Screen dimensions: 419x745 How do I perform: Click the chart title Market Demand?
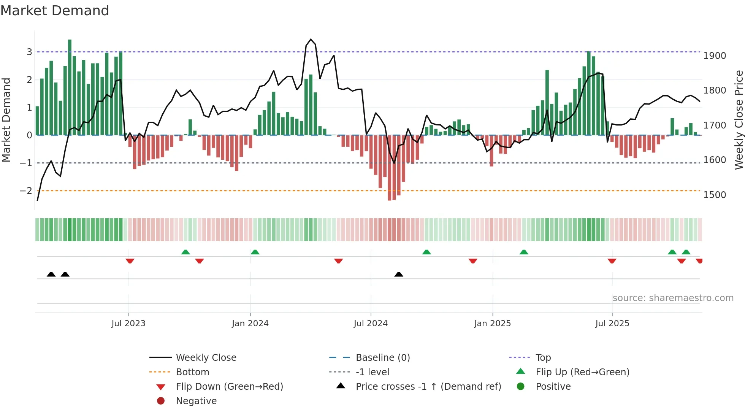(55, 11)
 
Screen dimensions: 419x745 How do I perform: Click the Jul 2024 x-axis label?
(371, 324)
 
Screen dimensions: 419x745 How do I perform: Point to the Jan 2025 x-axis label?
(493, 324)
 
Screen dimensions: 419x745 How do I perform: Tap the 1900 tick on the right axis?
(715, 56)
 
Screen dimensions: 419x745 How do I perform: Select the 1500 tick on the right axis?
(715, 195)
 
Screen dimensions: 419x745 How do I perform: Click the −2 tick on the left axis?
(26, 191)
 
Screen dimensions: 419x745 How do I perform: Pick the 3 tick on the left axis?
(29, 52)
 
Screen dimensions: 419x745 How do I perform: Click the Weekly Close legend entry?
(206, 358)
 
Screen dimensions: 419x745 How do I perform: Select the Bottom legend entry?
(192, 372)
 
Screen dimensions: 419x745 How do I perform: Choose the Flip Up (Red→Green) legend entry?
(582, 372)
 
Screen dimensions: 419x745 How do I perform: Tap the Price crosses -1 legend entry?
(428, 387)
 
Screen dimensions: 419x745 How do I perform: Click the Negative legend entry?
(196, 401)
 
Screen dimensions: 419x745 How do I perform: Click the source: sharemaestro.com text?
(673, 298)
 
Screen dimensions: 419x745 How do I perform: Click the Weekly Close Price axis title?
(739, 120)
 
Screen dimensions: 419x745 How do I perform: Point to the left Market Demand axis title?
(6, 120)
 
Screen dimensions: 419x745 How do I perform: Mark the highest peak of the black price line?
(311, 40)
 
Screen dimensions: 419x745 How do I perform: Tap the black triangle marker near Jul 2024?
(399, 275)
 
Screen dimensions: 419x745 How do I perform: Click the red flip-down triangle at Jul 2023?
(130, 261)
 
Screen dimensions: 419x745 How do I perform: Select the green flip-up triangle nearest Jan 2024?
(255, 252)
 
